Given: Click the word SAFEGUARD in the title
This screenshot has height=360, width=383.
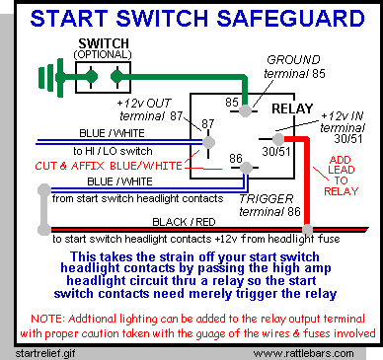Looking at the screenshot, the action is click(290, 18).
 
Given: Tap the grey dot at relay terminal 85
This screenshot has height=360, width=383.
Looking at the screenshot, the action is click(245, 111).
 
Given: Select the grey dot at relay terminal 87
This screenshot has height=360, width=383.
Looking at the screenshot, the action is click(208, 142).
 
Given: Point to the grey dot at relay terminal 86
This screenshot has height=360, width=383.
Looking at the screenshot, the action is click(246, 168).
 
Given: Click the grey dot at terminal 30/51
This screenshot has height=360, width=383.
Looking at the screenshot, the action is click(278, 139).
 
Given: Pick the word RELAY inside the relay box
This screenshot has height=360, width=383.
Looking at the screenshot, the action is click(292, 108).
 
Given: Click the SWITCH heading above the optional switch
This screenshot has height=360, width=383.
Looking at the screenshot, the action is click(104, 43).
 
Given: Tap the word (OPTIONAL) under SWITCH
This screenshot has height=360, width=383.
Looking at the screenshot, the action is click(103, 54).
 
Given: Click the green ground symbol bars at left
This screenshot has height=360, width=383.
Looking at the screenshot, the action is click(51, 78).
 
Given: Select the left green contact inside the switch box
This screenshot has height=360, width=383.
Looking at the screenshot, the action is click(91, 77).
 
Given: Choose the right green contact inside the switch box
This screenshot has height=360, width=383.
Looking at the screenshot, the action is click(116, 77).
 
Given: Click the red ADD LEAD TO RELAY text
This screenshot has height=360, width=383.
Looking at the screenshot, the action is click(341, 176).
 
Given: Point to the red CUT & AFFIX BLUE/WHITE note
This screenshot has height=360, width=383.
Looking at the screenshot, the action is click(109, 166).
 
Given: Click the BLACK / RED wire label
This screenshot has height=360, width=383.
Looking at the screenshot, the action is click(184, 222).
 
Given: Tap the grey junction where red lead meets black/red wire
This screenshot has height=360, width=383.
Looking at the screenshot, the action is click(307, 229).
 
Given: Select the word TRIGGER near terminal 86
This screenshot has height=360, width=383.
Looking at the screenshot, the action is click(266, 199).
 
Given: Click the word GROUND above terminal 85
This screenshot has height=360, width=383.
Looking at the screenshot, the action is click(293, 60).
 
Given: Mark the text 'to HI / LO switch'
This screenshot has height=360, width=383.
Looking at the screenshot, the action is click(113, 151).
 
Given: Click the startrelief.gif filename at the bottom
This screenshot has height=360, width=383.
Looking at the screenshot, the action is click(45, 353).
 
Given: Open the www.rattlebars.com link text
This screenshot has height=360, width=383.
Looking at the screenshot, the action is click(303, 354).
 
